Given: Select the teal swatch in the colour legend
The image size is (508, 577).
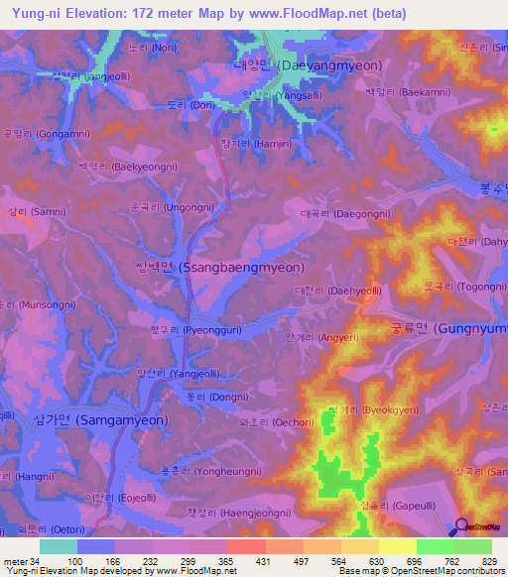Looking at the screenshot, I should point(58,546).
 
